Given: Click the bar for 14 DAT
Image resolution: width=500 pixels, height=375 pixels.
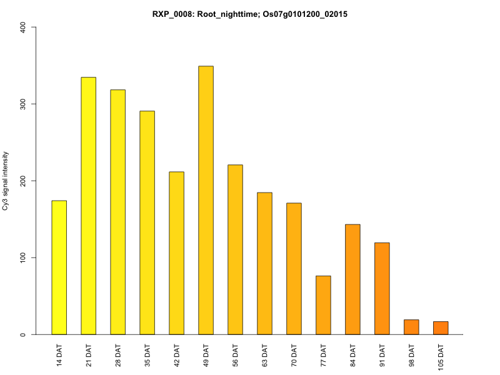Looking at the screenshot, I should coord(59,267).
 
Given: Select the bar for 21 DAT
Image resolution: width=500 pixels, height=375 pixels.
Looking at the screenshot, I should coord(88,206).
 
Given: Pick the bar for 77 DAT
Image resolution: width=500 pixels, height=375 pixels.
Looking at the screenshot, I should coord(323,305).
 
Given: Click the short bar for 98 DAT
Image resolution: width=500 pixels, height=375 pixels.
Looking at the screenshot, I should coord(411,327).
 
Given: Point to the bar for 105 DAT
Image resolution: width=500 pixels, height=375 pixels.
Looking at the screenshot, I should coord(441,328).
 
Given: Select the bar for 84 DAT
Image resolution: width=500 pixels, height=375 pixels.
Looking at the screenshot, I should coord(352,279).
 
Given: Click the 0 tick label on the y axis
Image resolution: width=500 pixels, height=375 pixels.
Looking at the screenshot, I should coord(24,334).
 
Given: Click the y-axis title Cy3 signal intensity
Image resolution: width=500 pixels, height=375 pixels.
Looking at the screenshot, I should coord(6,181).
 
